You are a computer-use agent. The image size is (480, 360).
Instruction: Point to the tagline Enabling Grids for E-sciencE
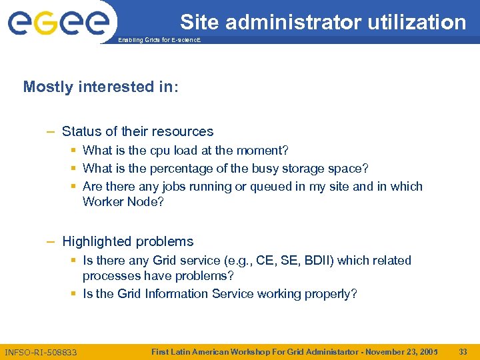(159, 41)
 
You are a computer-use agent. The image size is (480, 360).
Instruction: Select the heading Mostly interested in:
(101, 87)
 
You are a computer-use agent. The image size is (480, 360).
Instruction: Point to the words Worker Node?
(123, 201)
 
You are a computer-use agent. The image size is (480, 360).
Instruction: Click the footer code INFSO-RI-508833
(41, 351)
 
